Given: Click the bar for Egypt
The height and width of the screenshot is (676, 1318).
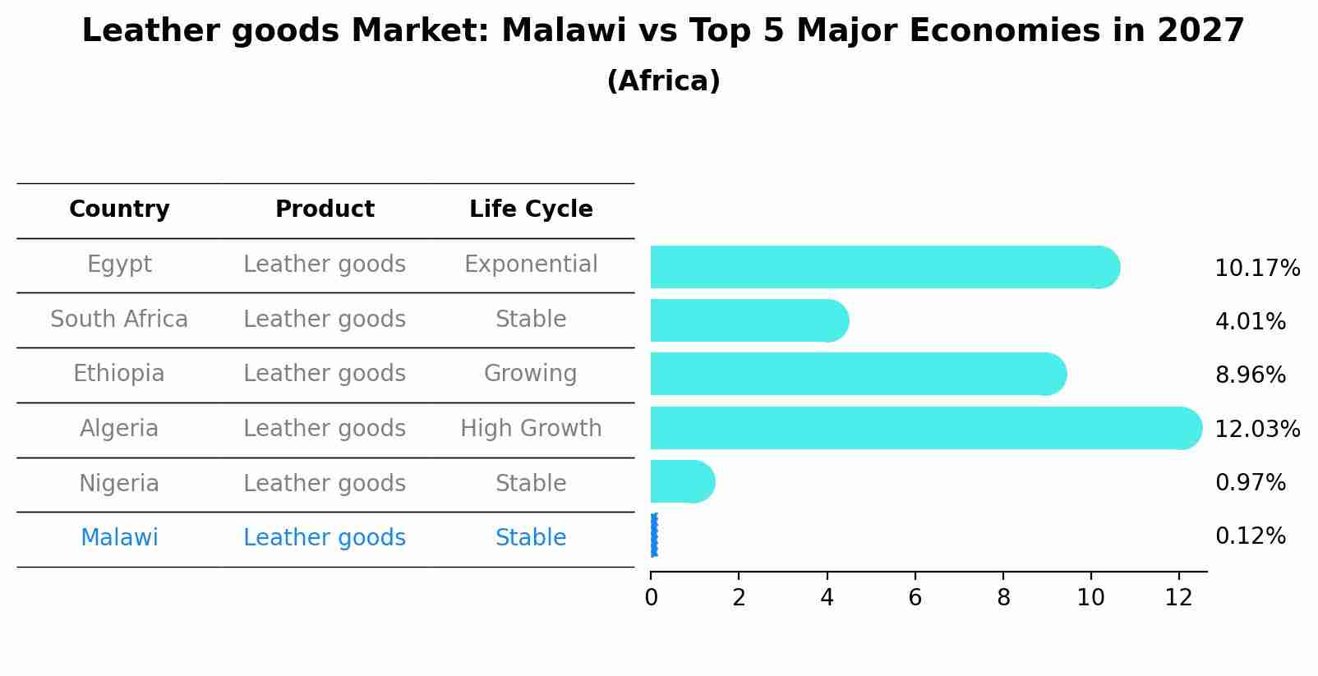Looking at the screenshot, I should coord(883,267).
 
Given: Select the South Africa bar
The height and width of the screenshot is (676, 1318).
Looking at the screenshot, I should coord(748,320).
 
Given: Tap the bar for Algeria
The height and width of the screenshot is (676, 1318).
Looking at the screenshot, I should coord(924,428).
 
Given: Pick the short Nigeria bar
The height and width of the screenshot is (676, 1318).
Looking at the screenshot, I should coord(682,481).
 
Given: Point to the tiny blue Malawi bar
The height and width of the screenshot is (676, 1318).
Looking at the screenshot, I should coord(653,536).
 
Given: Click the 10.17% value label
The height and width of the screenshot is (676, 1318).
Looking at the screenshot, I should coord(1256,269).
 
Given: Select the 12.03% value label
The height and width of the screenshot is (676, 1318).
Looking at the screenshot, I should coord(1256,429).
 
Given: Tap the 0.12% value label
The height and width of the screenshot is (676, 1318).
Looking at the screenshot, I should coord(1250,536).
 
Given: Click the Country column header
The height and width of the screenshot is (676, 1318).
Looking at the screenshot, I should coord(119,209).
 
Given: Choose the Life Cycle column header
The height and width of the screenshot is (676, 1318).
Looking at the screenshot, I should coord(531,209).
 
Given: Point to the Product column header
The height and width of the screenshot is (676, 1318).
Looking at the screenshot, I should coord(325,209).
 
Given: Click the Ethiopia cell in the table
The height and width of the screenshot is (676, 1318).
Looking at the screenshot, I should coord(119,374).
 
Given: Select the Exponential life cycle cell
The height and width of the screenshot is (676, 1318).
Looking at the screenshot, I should coord(531,264).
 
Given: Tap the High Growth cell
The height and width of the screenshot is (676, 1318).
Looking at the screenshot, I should coord(531,429).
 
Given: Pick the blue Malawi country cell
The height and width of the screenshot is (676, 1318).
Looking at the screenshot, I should coord(119,538).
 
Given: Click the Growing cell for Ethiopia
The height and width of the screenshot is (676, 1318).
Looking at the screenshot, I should coord(531,374).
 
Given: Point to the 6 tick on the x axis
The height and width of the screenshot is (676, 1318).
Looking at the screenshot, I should coord(915,598).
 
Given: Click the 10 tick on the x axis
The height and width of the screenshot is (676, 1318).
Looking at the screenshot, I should coord(1090,598).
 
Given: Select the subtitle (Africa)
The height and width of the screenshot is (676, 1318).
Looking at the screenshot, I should coord(663,81).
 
